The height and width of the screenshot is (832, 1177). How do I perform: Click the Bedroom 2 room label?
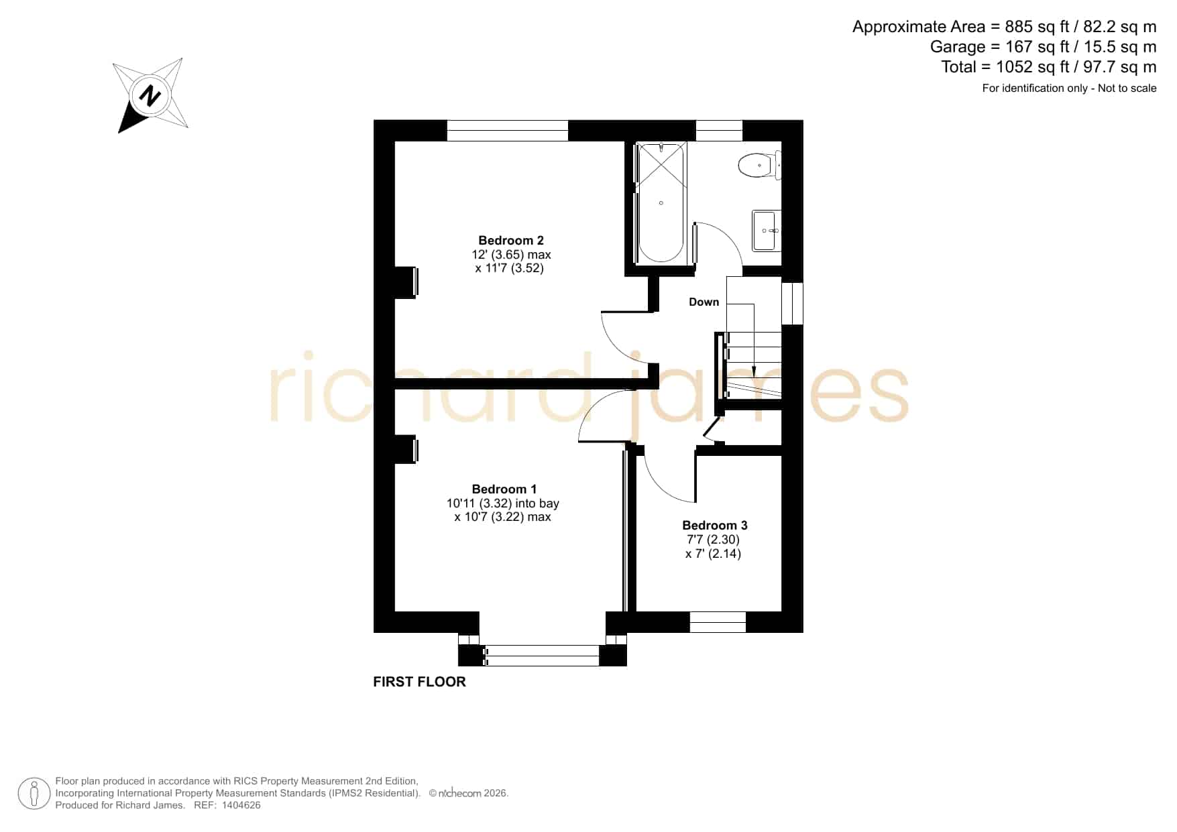[x=511, y=240]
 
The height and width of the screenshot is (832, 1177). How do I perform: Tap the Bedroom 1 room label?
[x=504, y=489]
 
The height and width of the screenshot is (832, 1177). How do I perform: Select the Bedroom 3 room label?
[x=715, y=525]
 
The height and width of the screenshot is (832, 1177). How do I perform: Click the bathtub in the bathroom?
[x=661, y=202]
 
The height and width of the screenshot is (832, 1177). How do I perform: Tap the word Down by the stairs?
[x=704, y=302]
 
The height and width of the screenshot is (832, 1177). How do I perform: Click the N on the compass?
[x=150, y=96]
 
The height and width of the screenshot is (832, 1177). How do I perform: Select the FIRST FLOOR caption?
[x=419, y=682]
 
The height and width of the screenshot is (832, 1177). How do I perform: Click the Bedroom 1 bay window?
[x=542, y=655]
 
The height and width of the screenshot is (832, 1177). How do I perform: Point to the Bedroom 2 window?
[x=508, y=131]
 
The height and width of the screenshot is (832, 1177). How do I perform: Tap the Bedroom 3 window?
[x=718, y=622]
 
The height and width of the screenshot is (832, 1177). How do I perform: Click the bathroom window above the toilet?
[x=720, y=131]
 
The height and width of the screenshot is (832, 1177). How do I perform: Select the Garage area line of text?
[x=1043, y=47]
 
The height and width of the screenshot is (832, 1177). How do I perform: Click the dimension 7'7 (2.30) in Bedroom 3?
[x=713, y=539]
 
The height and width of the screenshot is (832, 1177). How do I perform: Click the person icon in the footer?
[x=34, y=794]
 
